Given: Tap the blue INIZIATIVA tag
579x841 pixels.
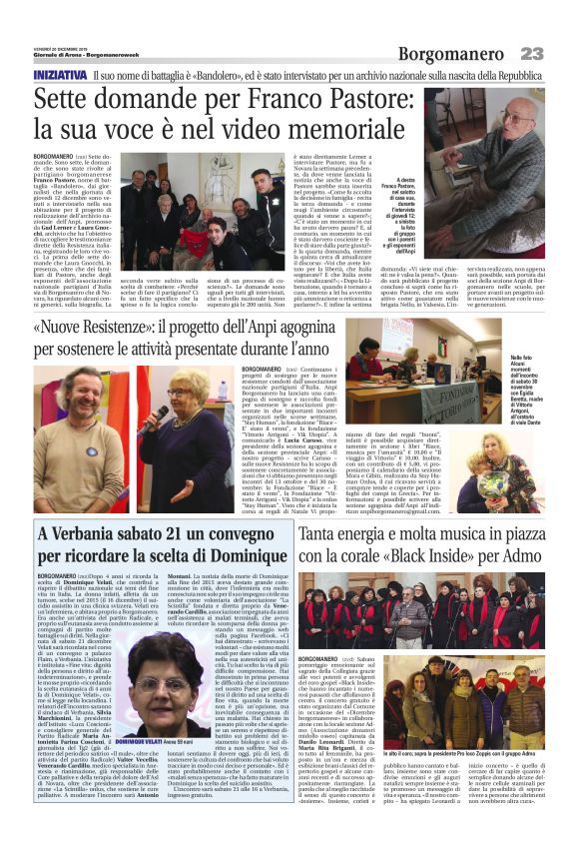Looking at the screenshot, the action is click(x=59, y=76).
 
